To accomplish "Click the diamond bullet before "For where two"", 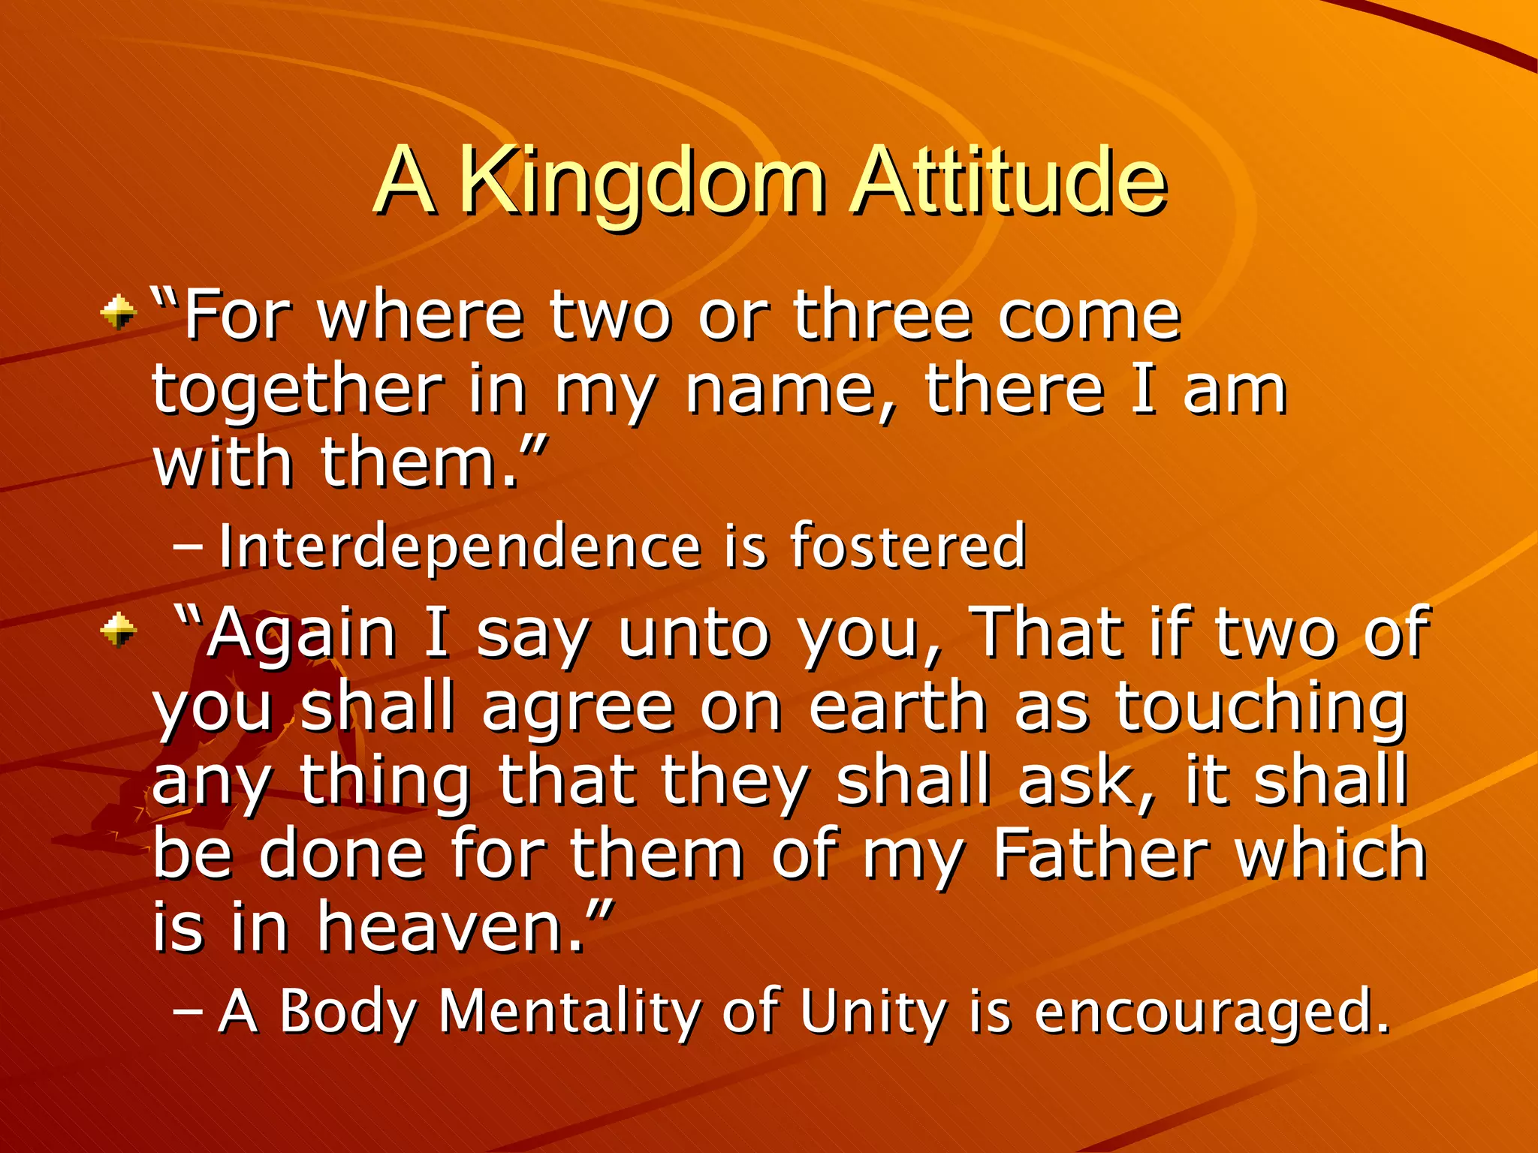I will [x=119, y=312].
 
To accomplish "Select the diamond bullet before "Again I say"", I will [x=119, y=629].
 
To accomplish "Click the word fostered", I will [x=907, y=546].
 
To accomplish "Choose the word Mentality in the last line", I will [x=569, y=1012].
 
